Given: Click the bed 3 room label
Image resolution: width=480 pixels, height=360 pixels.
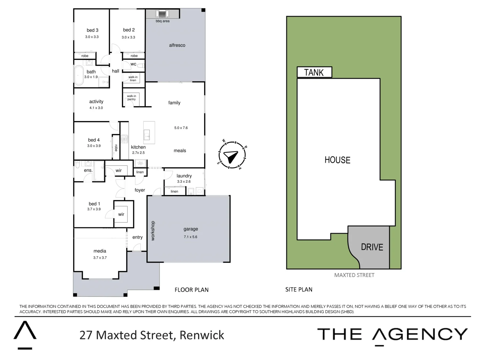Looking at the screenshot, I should point(92,30).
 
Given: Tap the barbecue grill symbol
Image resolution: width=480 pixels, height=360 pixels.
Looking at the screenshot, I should point(162,14).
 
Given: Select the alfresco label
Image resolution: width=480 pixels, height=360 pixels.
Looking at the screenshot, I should point(177,45).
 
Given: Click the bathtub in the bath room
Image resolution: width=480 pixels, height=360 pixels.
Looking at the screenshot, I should point(79,75).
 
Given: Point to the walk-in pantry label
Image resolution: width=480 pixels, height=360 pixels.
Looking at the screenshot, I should point(131,98).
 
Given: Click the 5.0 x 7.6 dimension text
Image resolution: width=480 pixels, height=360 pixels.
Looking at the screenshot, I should point(181,128).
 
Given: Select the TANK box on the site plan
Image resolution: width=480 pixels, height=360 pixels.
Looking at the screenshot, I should point(314,72).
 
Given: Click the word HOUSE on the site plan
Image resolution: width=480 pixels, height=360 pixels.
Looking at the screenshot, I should point(337,160).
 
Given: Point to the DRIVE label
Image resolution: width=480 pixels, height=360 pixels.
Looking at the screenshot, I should point(372,247).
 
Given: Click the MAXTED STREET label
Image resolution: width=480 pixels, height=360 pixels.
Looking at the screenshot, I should point(354,275).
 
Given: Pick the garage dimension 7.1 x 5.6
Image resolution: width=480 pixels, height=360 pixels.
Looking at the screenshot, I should point(190,237).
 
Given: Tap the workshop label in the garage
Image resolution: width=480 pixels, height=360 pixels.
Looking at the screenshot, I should point(153,231).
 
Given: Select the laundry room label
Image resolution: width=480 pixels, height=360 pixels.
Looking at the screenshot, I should point(184,176).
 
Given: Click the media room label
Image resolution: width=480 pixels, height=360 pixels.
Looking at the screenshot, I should point(100,251).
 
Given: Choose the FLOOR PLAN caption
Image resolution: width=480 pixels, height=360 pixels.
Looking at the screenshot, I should point(191,290).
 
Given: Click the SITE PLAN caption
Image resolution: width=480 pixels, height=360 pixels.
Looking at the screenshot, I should point(299,290).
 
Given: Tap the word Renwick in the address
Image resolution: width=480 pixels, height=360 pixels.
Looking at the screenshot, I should point(202,335).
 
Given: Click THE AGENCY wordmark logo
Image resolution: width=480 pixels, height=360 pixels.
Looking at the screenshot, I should point(392,334).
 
